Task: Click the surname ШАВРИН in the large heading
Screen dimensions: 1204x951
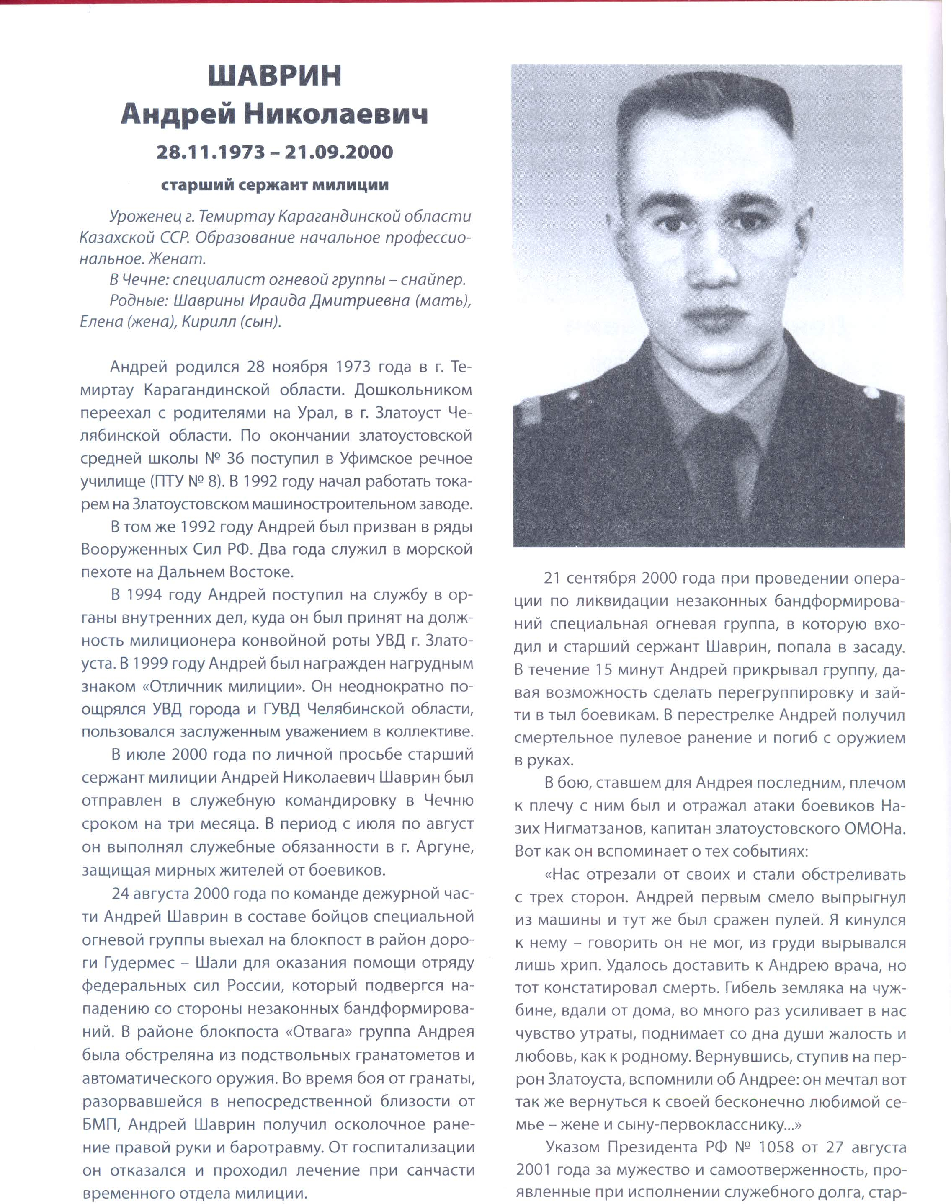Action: click(275, 76)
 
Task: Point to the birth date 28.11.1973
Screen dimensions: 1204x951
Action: click(211, 152)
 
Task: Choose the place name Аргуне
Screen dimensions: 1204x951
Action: click(446, 847)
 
